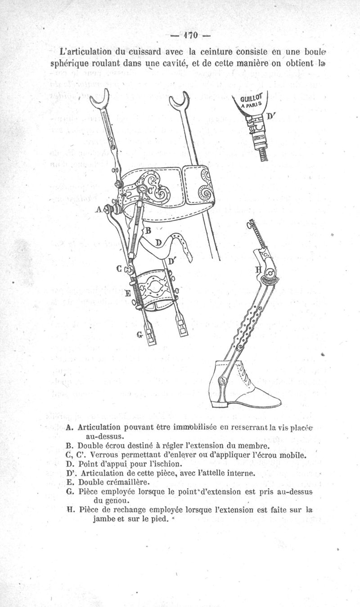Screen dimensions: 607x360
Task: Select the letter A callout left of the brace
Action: (99, 209)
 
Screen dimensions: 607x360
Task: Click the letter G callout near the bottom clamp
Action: (140, 335)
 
